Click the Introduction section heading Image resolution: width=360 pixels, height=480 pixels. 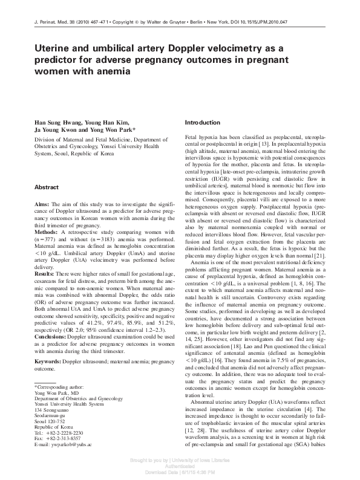[203, 123]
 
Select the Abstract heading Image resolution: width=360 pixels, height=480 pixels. [46, 187]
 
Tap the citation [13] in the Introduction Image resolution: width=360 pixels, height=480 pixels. [262, 144]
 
